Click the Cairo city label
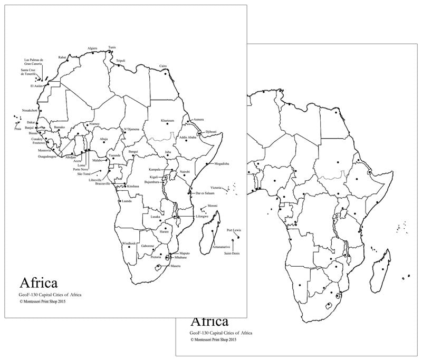click(x=163, y=66)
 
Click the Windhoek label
click(x=129, y=243)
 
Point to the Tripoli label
click(x=121, y=61)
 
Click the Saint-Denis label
click(x=232, y=254)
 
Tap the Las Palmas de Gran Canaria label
click(x=34, y=62)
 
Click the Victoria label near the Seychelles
click(x=216, y=188)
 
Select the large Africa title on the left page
click(x=39, y=283)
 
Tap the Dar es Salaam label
click(x=206, y=194)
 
